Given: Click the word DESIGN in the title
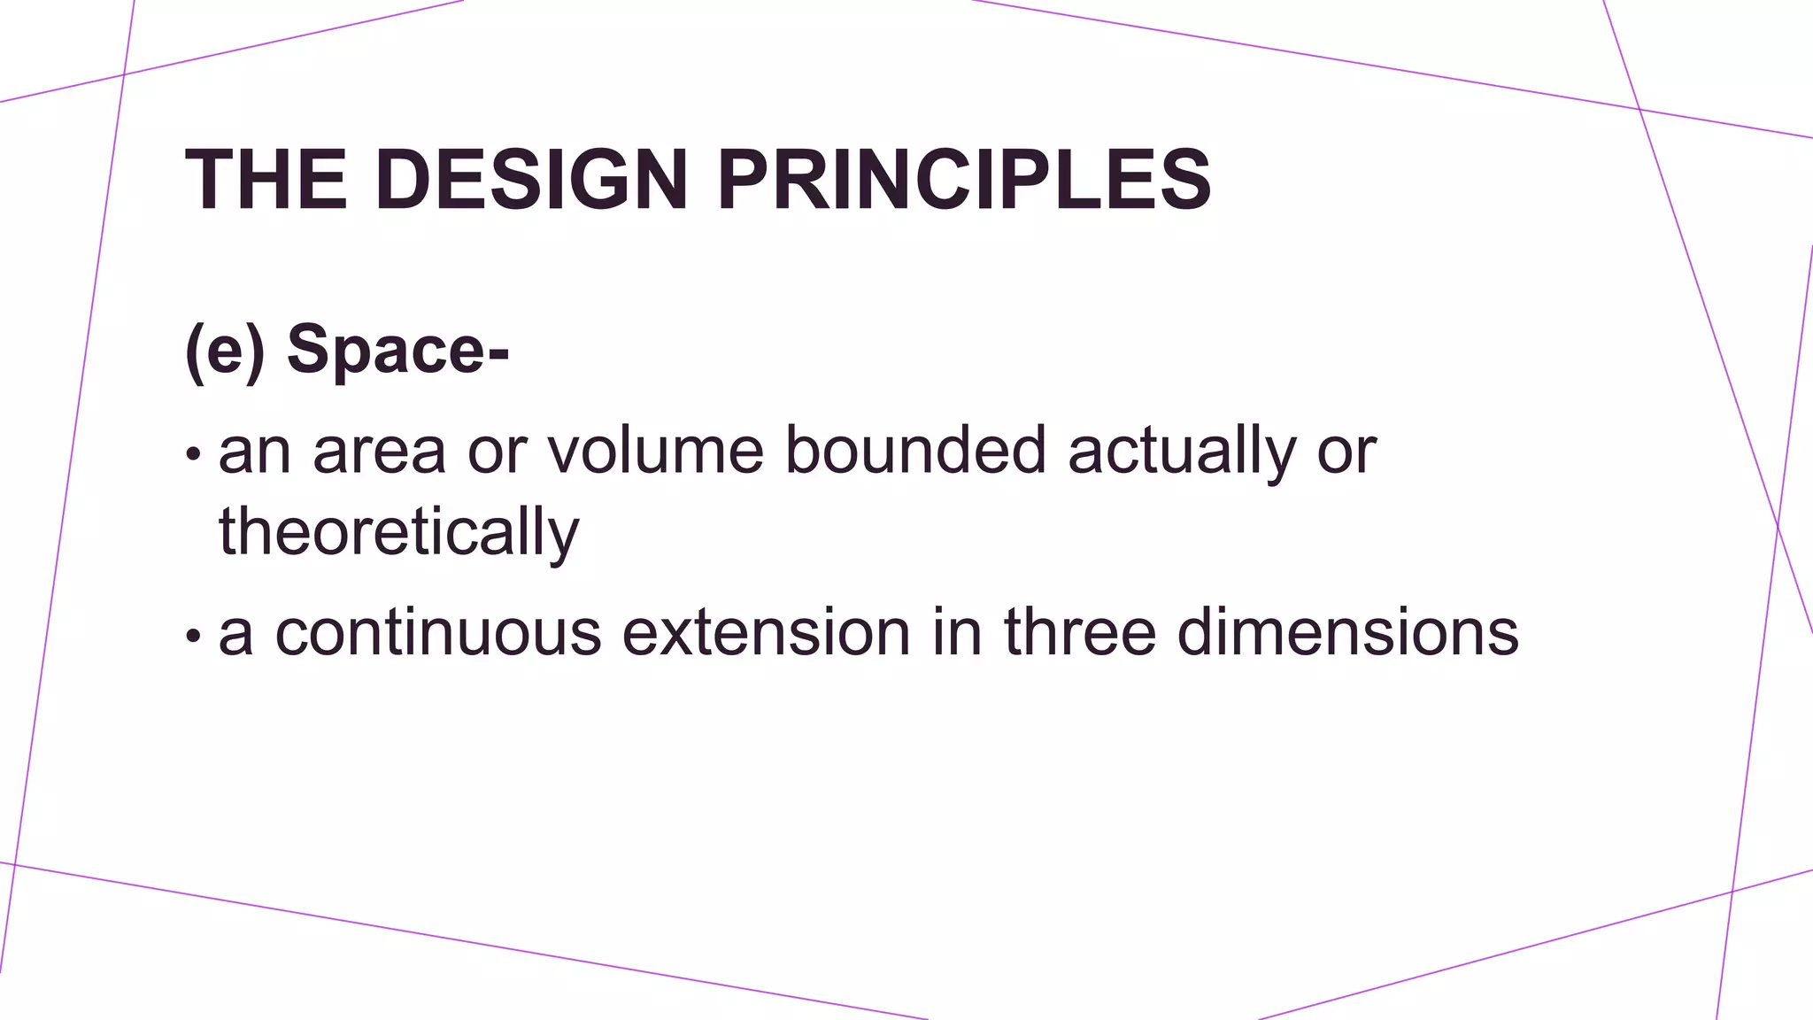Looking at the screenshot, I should (x=531, y=180).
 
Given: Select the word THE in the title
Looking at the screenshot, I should (x=266, y=180).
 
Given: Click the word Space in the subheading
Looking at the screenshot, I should (x=385, y=351).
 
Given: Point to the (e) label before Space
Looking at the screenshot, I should (x=225, y=351).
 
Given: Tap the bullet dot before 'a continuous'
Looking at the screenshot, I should (x=193, y=636).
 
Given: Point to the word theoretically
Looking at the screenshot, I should (x=398, y=533).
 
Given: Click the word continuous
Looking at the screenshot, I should (x=438, y=632).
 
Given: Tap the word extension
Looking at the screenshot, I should (x=767, y=632).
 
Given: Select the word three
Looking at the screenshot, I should (x=1080, y=632).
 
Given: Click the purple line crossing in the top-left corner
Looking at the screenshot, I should (x=124, y=74).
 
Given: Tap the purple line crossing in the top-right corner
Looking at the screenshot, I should (x=1639, y=109).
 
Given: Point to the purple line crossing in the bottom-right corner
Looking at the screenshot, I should (x=1732, y=891).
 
